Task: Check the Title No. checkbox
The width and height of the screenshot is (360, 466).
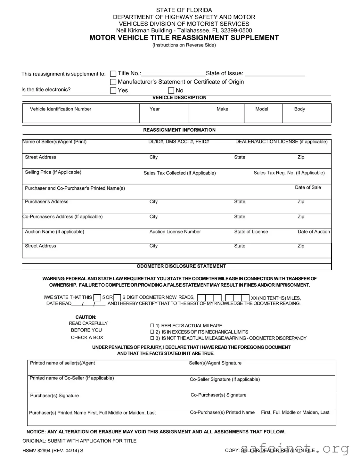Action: click(x=113, y=74)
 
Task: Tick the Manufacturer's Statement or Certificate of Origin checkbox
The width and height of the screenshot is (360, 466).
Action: click(x=113, y=82)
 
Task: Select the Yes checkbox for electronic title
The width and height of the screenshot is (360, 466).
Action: click(x=113, y=91)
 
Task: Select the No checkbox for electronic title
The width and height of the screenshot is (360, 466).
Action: click(x=171, y=91)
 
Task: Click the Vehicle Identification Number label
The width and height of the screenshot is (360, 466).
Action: click(x=61, y=109)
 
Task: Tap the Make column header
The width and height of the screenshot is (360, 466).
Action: click(x=222, y=109)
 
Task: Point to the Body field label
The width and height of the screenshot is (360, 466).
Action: click(x=299, y=109)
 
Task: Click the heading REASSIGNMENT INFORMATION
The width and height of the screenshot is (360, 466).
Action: click(x=179, y=130)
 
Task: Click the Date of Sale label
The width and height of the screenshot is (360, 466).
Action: click(x=308, y=188)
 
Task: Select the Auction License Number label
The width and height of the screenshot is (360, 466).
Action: click(x=175, y=232)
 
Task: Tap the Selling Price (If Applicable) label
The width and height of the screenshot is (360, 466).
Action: click(x=53, y=172)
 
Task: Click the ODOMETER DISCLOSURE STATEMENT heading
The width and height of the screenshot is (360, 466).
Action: click(x=181, y=266)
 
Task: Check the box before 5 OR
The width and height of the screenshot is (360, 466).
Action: click(x=97, y=298)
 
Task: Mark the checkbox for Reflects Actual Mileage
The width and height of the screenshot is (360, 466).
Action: click(x=152, y=326)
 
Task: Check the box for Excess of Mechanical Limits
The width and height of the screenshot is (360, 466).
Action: click(x=152, y=332)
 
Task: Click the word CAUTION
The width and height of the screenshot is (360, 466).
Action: click(x=85, y=317)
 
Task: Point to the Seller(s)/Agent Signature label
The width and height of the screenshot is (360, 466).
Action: click(x=215, y=363)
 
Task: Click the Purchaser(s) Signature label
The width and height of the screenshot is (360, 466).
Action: click(x=54, y=396)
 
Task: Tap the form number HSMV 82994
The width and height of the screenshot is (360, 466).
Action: click(x=37, y=451)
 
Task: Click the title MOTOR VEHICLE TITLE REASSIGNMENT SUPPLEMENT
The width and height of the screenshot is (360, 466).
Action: click(x=184, y=38)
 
